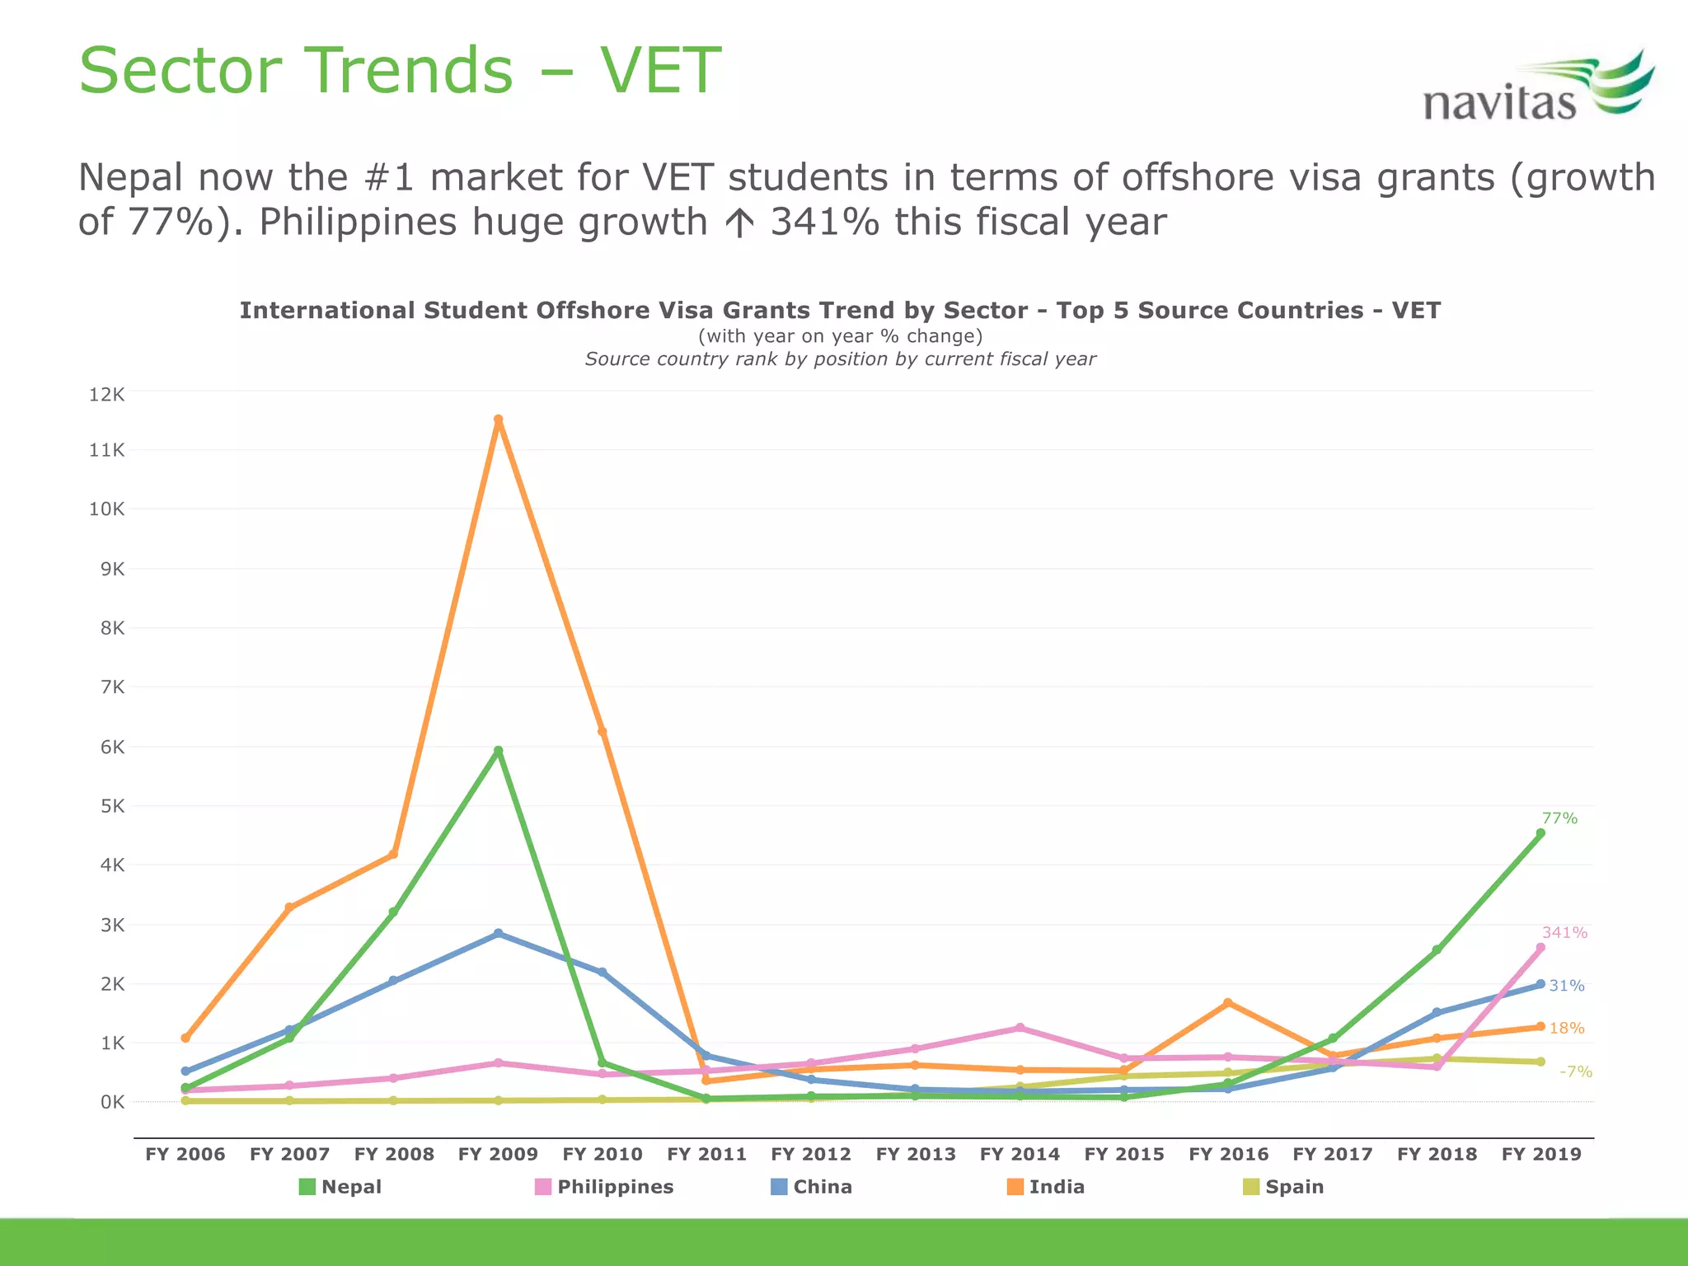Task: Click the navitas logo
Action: pos(1537,89)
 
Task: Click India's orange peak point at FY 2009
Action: pos(498,420)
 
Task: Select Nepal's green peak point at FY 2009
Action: pos(498,751)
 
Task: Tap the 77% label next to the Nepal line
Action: pos(1559,818)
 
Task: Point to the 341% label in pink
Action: pos(1564,933)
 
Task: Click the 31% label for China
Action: pos(1566,986)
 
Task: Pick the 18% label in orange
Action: pos(1566,1029)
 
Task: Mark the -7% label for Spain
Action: pos(1575,1072)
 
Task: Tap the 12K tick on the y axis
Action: pos(106,395)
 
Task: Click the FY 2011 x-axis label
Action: pos(706,1155)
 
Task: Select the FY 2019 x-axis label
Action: pos(1541,1155)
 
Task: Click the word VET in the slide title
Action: pos(659,71)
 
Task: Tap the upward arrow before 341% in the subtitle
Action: pos(741,223)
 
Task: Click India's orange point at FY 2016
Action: pos(1228,1003)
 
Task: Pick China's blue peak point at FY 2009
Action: pos(498,934)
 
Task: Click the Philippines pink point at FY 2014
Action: pos(1020,1028)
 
